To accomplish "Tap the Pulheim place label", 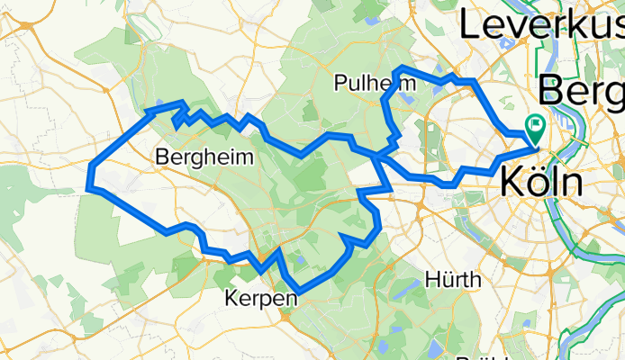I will pos(375,83).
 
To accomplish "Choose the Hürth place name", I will pos(454,279).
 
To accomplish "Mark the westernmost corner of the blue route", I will pos(88,186).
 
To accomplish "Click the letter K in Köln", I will pos(511,183).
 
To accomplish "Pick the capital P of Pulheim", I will pos(340,83).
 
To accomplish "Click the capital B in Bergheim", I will pos(162,157).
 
